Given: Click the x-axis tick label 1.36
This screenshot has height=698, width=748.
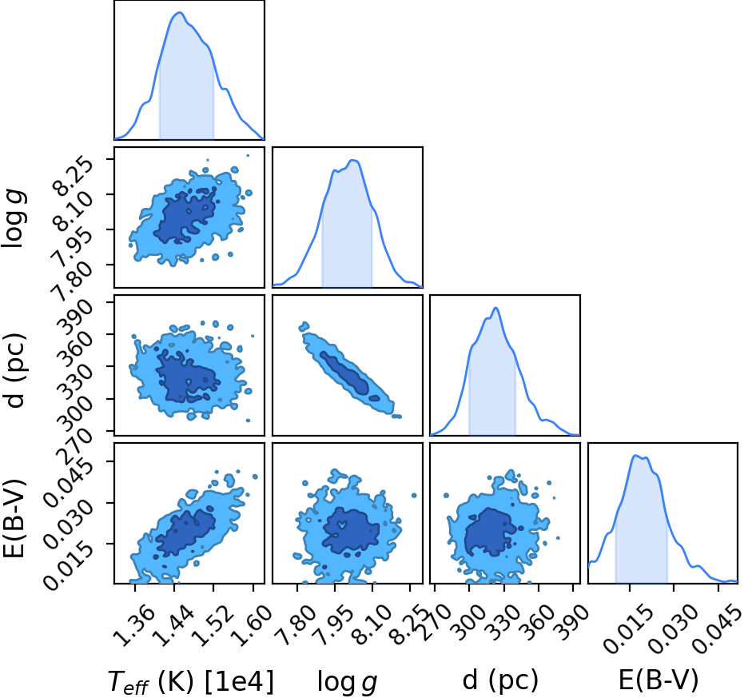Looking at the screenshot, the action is [x=134, y=624].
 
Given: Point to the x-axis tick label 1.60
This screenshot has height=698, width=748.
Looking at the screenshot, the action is [x=253, y=624].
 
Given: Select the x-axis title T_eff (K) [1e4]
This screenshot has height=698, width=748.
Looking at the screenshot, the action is [x=191, y=682].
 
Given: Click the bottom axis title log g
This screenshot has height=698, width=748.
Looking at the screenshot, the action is [x=348, y=682].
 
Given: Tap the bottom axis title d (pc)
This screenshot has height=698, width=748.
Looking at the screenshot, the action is [x=500, y=680].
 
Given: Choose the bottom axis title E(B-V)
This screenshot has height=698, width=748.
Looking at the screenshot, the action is [x=658, y=680].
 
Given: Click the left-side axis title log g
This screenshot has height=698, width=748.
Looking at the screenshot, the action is [x=14, y=217].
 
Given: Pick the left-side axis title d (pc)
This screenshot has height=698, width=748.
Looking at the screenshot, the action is [x=15, y=371].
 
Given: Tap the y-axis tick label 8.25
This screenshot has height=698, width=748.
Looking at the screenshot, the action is [x=72, y=177].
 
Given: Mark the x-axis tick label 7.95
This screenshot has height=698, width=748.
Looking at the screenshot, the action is [x=334, y=624].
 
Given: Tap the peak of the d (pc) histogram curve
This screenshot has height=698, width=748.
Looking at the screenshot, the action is [x=495, y=308].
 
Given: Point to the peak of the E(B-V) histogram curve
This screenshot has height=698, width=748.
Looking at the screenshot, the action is [x=635, y=456].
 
